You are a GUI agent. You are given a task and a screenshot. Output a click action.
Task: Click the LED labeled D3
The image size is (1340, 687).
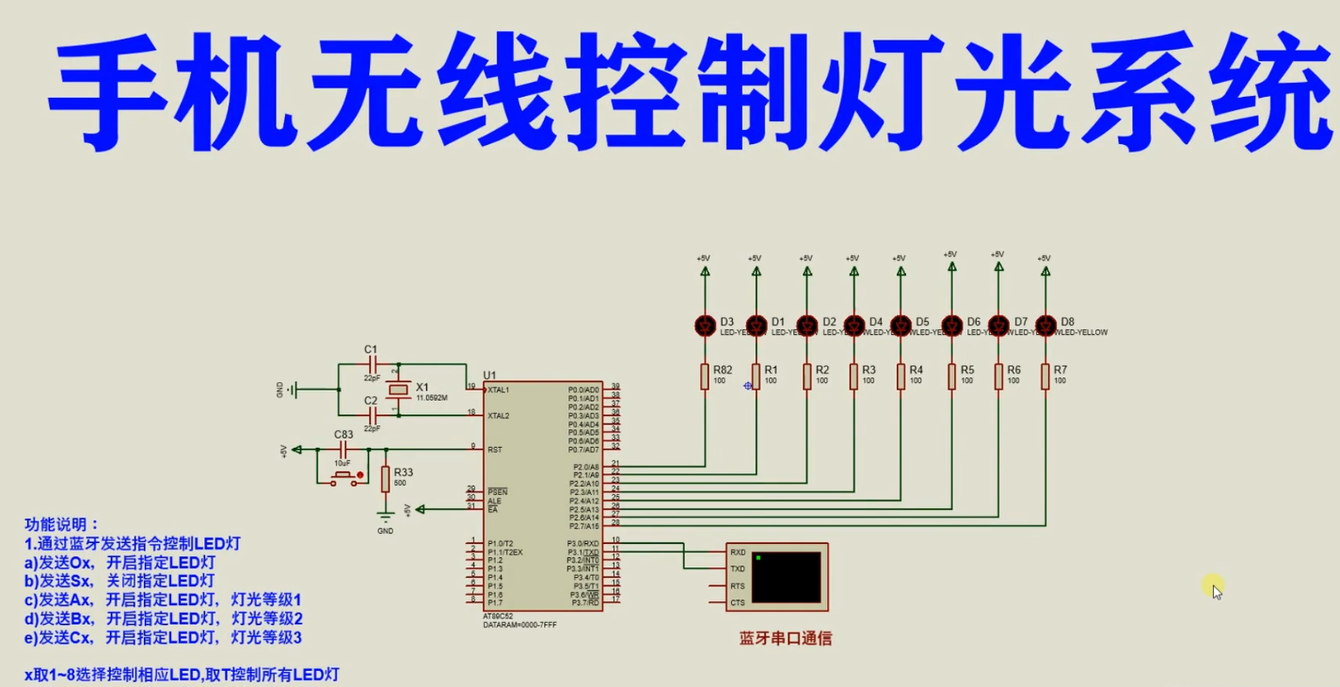coord(705,326)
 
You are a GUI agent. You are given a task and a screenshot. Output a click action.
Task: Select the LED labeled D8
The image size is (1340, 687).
coord(1045,326)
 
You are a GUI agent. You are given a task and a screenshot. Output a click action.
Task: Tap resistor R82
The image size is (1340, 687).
coord(705,376)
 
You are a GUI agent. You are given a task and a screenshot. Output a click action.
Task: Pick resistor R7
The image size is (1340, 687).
coord(1045,376)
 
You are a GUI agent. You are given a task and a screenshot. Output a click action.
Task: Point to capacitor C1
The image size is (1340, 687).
coord(373,363)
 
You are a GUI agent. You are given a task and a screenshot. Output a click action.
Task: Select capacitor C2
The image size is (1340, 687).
coord(373,415)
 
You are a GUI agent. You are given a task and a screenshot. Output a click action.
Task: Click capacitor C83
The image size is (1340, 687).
coord(343,450)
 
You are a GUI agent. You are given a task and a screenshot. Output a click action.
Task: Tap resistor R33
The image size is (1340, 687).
coord(385,479)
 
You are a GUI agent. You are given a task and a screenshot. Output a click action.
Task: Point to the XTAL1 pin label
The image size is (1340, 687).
coord(499,390)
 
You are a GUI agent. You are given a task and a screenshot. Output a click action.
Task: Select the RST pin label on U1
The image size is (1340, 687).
coord(494,450)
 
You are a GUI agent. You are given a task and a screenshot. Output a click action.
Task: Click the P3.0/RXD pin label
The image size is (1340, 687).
coord(582,544)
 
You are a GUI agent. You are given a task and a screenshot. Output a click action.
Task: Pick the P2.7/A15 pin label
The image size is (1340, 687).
coord(583,526)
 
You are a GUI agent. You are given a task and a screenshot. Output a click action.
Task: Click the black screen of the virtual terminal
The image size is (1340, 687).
coord(786,577)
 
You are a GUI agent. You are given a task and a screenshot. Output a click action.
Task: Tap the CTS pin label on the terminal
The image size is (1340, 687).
coord(737,603)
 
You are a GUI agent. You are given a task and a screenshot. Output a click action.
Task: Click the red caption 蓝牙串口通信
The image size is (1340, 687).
coord(785,638)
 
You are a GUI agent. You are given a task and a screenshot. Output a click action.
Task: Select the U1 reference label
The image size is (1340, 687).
coord(489,375)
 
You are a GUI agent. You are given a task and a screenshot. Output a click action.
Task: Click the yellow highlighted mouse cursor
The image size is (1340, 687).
coord(1212,587)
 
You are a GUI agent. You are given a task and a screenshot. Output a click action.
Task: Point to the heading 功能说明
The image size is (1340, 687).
coord(61,525)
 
